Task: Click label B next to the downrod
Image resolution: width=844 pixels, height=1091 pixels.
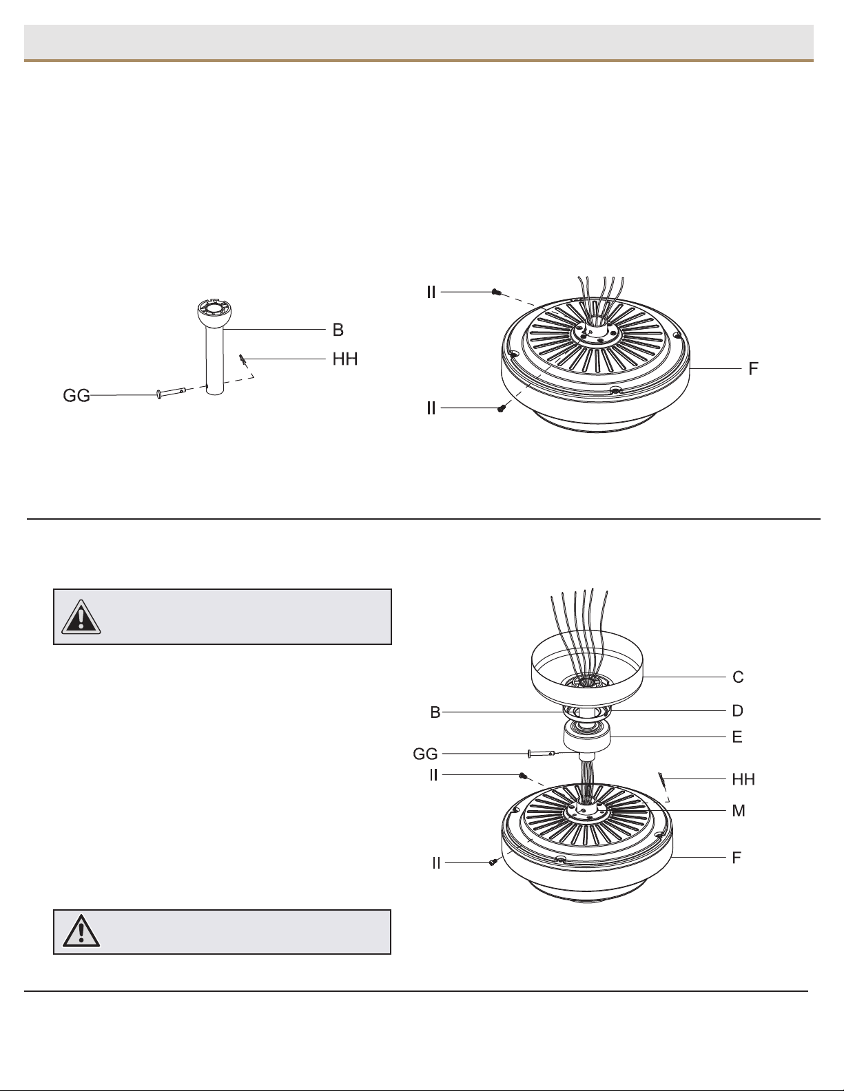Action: (338, 330)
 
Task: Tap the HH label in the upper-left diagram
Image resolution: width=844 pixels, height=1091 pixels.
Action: (345, 359)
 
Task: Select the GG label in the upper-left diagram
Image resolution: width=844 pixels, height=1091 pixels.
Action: (76, 396)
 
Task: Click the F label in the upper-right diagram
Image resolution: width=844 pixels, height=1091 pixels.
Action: (753, 369)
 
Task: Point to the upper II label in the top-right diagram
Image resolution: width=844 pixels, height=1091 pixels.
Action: (431, 293)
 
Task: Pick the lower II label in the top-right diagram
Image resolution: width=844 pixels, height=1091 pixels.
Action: (431, 409)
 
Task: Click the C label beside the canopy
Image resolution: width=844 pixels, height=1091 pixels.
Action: (737, 677)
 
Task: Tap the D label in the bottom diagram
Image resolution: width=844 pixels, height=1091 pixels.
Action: (737, 711)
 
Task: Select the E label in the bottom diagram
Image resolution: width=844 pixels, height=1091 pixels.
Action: (737, 737)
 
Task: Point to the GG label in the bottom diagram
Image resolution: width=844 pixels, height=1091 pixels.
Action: (426, 754)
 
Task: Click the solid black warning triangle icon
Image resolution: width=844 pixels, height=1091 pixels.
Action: (81, 617)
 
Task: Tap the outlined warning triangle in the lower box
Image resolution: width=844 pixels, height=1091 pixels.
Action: (81, 931)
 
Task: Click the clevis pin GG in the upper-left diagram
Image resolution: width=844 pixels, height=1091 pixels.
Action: (172, 392)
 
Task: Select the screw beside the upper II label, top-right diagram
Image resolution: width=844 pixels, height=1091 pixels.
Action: (496, 292)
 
